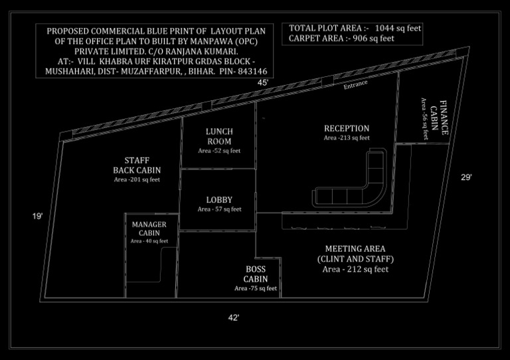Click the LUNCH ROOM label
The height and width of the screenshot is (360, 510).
point(219,136)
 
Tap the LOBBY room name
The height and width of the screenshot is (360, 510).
point(219,199)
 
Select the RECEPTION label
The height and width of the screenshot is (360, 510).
point(347,128)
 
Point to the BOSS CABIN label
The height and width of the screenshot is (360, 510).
point(256,274)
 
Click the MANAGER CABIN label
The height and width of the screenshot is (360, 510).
point(149,228)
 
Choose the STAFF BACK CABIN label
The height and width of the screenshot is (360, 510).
point(137,165)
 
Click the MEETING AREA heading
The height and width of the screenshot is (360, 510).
point(356,248)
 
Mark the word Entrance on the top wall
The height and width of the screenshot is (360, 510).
point(355,87)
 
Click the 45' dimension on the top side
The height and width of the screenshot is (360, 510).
point(264,82)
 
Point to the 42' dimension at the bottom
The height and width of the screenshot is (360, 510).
point(234,318)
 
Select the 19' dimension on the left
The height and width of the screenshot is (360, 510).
point(38,216)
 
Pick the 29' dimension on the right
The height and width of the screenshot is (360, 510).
point(467,177)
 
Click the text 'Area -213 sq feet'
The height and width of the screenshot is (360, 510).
point(347,138)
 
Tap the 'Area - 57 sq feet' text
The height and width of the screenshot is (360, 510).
point(219,209)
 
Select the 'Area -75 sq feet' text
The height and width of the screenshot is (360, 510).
point(256,288)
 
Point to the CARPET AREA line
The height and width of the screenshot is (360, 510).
point(341,39)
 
